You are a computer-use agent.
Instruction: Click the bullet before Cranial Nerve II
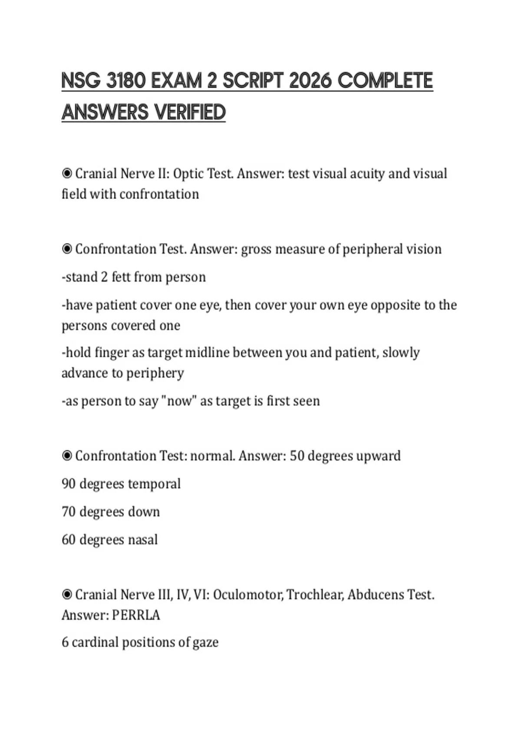(x=67, y=174)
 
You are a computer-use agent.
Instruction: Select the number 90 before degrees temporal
(x=69, y=484)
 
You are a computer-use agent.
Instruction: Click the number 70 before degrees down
(x=69, y=512)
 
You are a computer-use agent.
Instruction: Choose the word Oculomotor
(x=248, y=595)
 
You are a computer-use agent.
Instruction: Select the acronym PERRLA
(x=136, y=615)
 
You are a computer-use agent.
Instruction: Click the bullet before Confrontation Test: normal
(x=67, y=456)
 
